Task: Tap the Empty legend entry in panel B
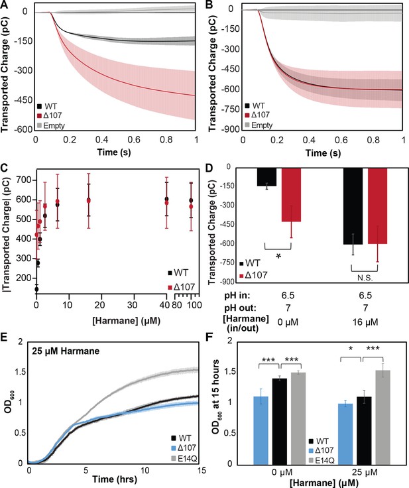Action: pos(259,125)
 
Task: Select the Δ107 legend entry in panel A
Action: pos(49,115)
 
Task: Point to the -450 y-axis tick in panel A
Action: pos(24,100)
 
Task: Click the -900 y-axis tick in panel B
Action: pos(231,129)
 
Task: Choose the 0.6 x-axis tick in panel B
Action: pos(341,139)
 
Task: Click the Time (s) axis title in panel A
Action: pos(114,152)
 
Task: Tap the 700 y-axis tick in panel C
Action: pos(25,180)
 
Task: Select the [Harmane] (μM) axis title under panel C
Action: pos(127,320)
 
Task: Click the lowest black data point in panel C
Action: pos(36,289)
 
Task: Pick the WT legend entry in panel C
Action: pos(178,273)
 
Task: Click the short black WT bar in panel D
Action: pos(266,177)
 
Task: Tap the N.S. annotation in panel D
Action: pos(365,278)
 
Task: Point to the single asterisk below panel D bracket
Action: pos(278,257)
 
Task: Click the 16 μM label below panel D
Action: pos(365,322)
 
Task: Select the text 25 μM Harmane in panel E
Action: pos(66,351)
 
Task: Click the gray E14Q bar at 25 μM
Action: pos(383,417)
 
